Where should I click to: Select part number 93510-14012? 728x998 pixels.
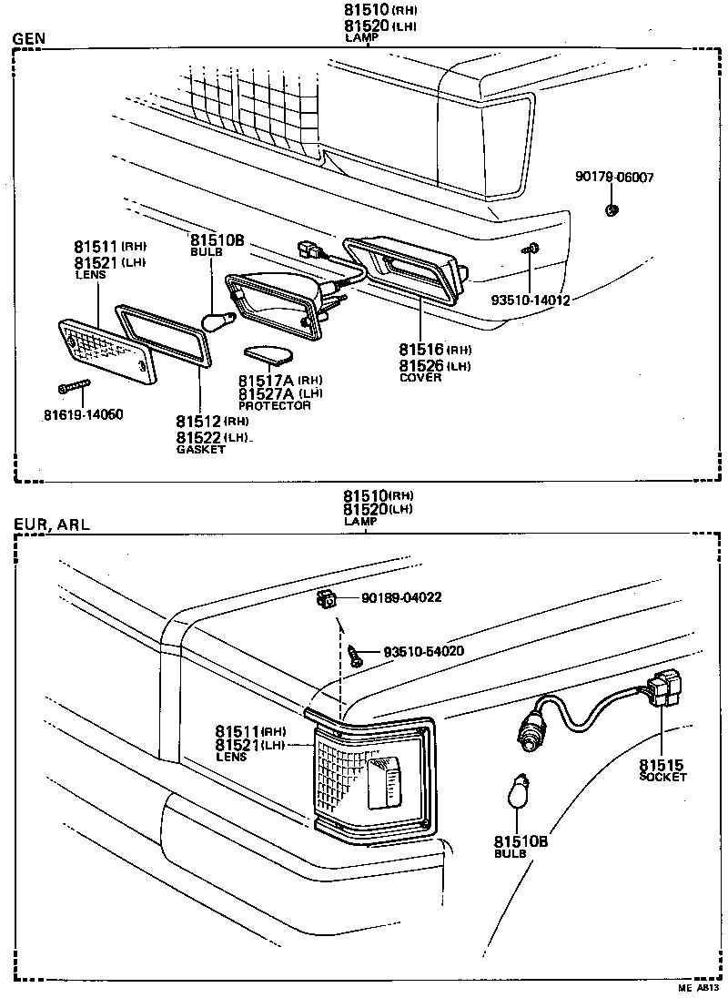(x=529, y=300)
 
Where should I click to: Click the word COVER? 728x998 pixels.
(x=420, y=378)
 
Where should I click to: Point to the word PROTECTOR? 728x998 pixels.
(x=275, y=405)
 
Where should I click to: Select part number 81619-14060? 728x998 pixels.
(x=83, y=414)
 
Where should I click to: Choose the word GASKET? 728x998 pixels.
(x=201, y=450)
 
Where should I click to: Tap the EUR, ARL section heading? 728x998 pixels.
(x=52, y=524)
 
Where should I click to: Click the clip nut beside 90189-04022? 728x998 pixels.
(x=325, y=599)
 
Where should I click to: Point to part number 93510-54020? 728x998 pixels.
(x=424, y=652)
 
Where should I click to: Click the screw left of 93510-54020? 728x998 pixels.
(x=356, y=652)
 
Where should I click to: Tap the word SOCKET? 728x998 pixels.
(x=662, y=777)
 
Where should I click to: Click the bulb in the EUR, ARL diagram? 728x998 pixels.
(x=520, y=791)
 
